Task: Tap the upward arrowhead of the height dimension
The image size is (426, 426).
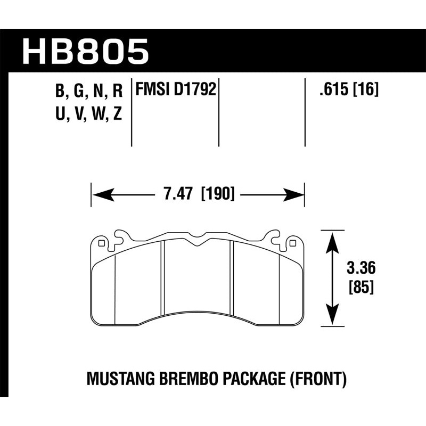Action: (332, 240)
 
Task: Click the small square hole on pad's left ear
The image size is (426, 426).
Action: (101, 243)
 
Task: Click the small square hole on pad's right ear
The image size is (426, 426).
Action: (292, 243)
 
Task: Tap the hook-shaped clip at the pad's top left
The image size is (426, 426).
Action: (121, 235)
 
